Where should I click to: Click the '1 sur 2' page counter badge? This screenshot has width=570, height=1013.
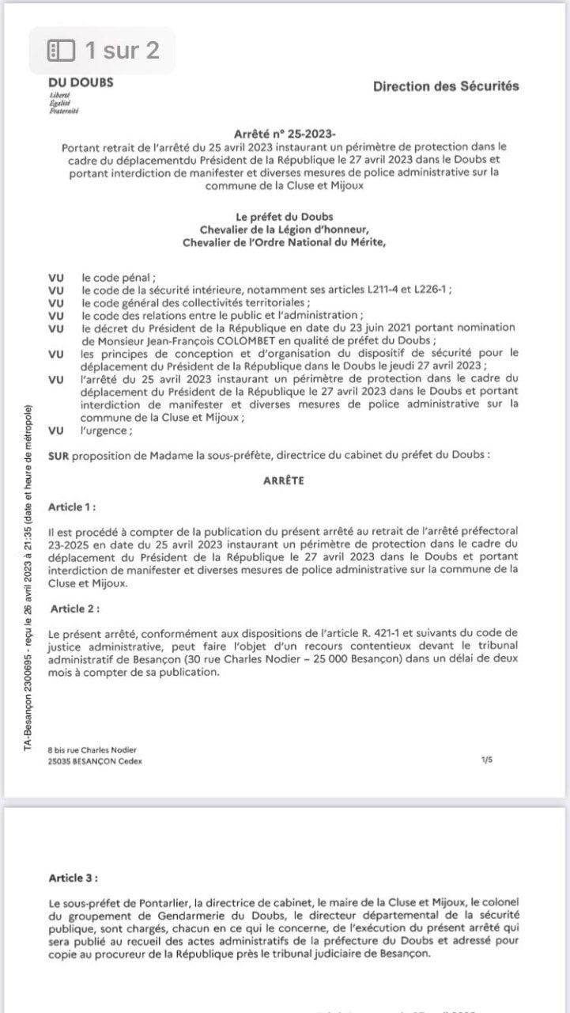[x=103, y=51]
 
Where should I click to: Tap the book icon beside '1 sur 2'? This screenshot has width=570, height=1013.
[x=62, y=51]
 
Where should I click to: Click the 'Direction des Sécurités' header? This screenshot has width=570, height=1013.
[x=446, y=86]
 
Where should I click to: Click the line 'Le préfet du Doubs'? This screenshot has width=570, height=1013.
[x=285, y=217]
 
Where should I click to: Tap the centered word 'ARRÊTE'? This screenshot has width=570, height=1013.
[x=284, y=480]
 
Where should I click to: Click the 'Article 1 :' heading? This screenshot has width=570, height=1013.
[x=73, y=506]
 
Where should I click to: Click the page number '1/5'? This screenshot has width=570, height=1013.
[x=486, y=760]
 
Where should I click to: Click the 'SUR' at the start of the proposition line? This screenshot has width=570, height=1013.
[x=58, y=456]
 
